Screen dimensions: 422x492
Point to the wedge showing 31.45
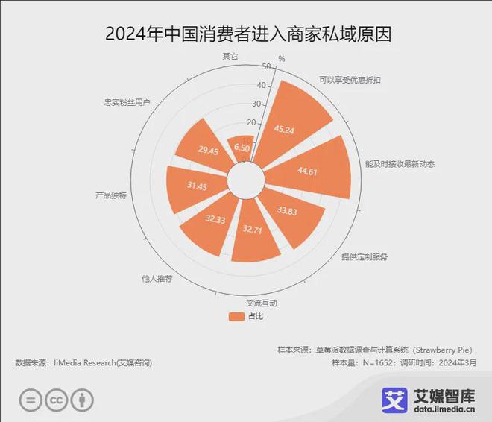195,188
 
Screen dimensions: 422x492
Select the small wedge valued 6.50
241,147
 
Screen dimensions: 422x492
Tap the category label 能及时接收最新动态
399,163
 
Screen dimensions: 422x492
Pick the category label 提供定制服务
365,256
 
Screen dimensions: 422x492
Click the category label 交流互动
261,303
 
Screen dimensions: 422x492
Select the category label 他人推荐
157,279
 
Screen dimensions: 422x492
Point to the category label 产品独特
110,195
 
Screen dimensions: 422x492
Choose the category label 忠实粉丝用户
127,102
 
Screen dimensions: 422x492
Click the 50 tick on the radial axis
264,66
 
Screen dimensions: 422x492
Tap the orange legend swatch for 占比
236,316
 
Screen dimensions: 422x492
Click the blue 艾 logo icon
394,400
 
